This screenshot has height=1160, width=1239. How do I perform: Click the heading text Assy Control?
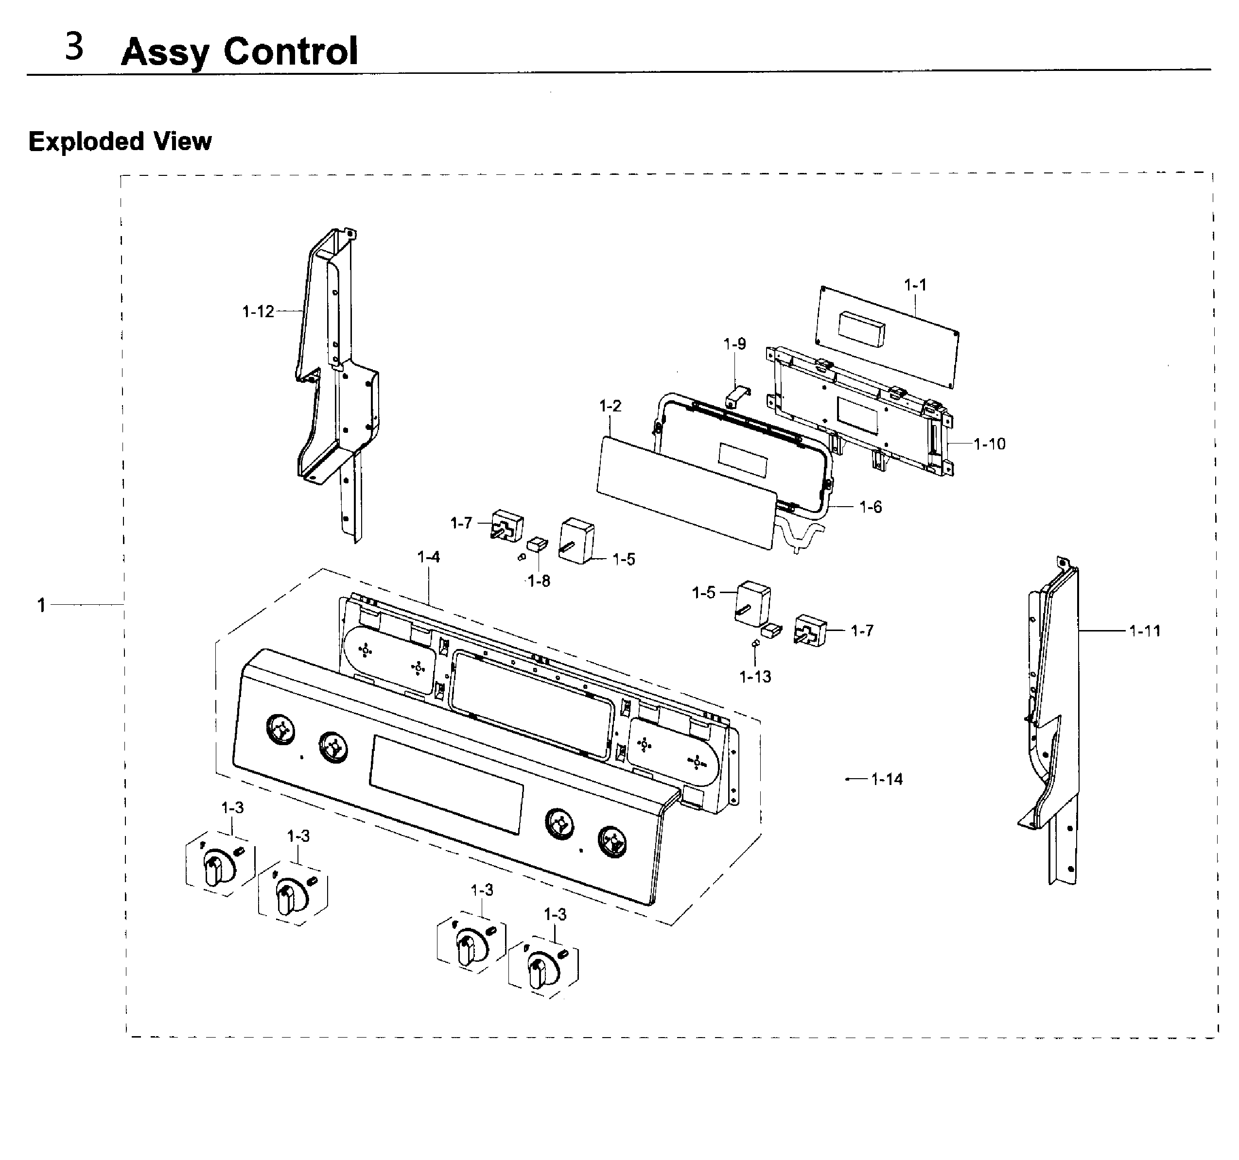(x=240, y=51)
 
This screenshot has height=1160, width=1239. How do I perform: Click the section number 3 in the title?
(x=74, y=47)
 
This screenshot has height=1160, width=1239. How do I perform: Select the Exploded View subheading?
(x=120, y=141)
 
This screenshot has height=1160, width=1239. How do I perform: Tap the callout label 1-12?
(x=258, y=311)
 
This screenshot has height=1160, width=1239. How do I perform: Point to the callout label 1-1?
(x=915, y=285)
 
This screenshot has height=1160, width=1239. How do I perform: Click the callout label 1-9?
(x=734, y=344)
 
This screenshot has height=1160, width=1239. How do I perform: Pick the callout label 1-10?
(x=990, y=444)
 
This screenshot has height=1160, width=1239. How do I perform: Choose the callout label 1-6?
(x=871, y=507)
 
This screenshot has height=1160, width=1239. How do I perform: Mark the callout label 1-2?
(x=610, y=406)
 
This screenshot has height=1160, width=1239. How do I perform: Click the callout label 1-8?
(x=539, y=581)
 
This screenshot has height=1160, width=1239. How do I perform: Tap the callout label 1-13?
(x=755, y=677)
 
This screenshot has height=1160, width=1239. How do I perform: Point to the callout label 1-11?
(x=1145, y=631)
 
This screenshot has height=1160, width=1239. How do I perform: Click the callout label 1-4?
(x=428, y=557)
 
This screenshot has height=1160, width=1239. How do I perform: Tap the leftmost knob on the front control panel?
(x=280, y=729)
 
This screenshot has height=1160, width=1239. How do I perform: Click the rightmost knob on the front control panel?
(x=612, y=842)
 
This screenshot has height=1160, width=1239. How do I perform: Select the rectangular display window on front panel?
(x=446, y=785)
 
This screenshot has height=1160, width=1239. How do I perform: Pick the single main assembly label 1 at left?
(x=41, y=605)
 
